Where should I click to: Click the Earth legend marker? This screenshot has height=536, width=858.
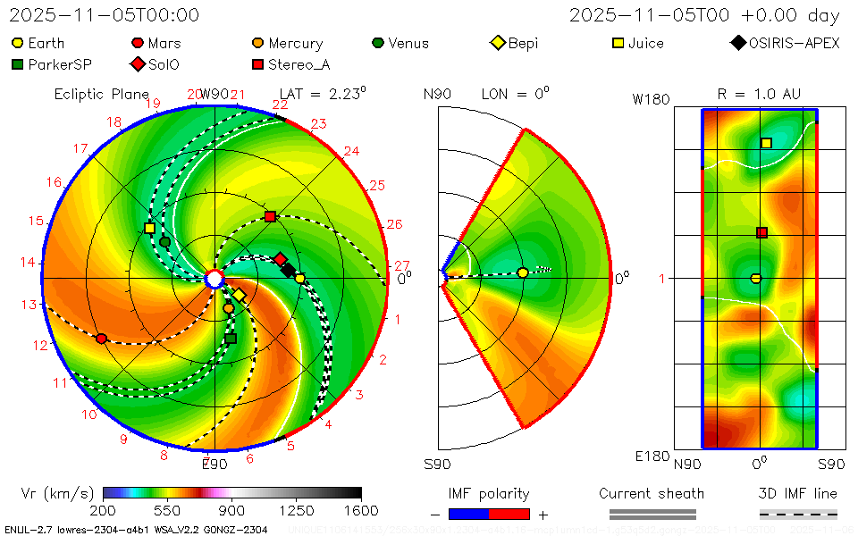[18, 43]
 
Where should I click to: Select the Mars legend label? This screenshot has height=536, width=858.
[164, 43]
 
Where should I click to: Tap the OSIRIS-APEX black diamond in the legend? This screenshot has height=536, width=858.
[737, 43]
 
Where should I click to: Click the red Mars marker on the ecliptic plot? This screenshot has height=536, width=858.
[101, 339]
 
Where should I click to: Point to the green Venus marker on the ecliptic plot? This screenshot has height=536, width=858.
[164, 242]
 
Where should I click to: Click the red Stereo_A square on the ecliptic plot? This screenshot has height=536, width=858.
[270, 217]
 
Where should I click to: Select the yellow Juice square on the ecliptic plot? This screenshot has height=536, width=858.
[149, 229]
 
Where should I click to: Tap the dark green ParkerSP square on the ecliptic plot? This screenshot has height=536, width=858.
[231, 339]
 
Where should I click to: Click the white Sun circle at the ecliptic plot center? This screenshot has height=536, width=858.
[214, 280]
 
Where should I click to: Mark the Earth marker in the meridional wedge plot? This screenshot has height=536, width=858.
[523, 272]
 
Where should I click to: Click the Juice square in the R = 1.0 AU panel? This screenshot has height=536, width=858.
[766, 143]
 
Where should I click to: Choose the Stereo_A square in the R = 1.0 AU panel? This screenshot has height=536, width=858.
[761, 233]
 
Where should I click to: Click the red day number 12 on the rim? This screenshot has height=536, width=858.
[40, 346]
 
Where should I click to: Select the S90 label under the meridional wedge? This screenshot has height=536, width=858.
[437, 464]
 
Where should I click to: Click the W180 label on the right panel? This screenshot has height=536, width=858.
[651, 99]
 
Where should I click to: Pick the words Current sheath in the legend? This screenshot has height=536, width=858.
[651, 493]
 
